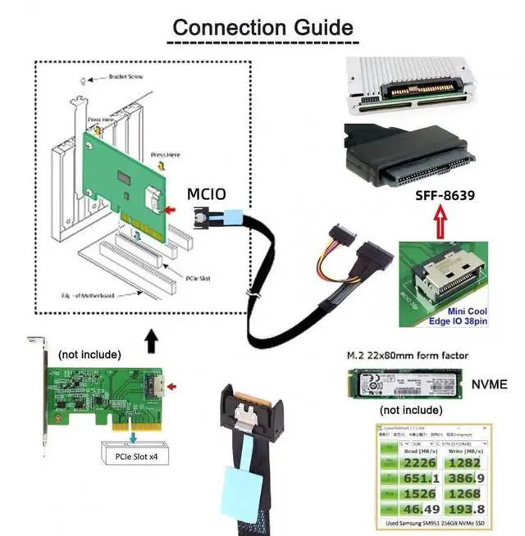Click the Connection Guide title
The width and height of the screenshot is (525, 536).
pos(262,26)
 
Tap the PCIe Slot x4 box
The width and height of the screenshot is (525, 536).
pos(136,450)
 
